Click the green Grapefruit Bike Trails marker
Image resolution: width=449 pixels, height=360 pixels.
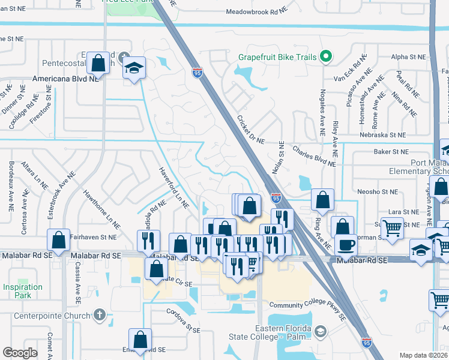(x=326, y=57)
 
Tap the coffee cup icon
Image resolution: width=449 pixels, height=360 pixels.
(x=346, y=244)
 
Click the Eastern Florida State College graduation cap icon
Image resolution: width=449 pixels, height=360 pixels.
(x=321, y=331)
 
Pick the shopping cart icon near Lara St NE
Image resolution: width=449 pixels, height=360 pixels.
(x=392, y=227)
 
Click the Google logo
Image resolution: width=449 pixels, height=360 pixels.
(x=20, y=353)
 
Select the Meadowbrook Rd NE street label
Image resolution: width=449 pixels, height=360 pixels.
(x=259, y=11)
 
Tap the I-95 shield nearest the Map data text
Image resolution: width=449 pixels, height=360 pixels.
(x=367, y=343)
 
